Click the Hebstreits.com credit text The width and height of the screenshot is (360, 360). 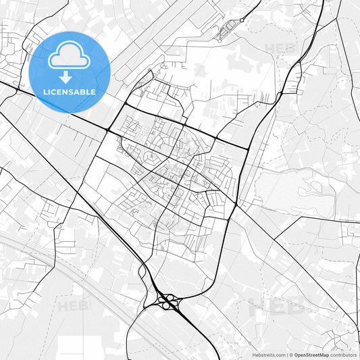pyautogui.click(x=267, y=355)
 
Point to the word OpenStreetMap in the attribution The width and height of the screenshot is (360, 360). pyautogui.click(x=311, y=355)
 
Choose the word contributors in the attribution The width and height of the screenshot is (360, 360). pyautogui.click(x=344, y=355)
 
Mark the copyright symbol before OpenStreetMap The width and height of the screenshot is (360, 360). pyautogui.click(x=290, y=355)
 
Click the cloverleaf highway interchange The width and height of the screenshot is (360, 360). pyautogui.click(x=166, y=301)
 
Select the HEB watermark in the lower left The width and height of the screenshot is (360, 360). pyautogui.click(x=74, y=306)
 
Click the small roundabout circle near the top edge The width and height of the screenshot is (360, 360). pyautogui.click(x=229, y=28)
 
